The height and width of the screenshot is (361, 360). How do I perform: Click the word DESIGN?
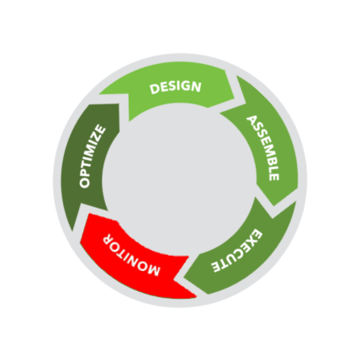click(x=176, y=88)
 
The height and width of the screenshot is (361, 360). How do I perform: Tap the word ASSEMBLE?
click(x=263, y=148)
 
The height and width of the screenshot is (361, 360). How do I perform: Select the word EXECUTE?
click(x=237, y=251)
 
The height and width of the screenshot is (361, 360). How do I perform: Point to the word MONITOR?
click(x=131, y=255)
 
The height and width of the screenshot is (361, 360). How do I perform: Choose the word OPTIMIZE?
click(x=93, y=157)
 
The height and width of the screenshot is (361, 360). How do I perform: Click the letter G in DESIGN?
click(x=185, y=86)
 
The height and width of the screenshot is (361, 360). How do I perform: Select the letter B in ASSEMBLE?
click(x=271, y=161)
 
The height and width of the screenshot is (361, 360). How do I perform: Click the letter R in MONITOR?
click(x=109, y=239)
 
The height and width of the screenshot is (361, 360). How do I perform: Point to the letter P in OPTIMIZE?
click(x=85, y=174)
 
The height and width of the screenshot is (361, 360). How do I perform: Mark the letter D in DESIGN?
click(x=155, y=89)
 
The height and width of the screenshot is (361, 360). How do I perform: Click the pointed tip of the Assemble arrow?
click(x=274, y=205)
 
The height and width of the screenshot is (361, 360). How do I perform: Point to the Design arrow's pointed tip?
click(x=246, y=103)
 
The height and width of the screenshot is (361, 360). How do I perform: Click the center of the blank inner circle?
click(x=179, y=179)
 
